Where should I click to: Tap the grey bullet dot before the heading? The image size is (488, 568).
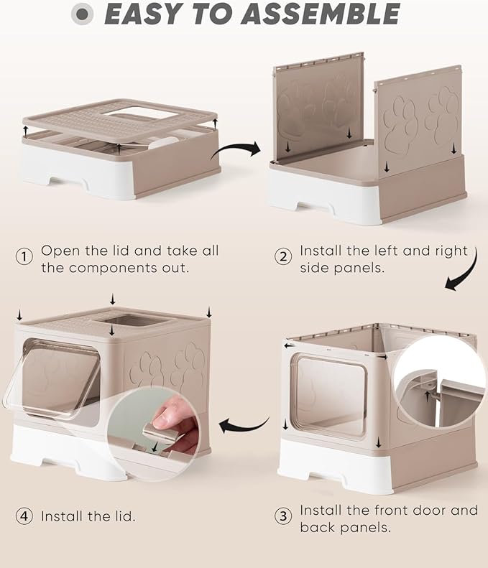click(x=83, y=14)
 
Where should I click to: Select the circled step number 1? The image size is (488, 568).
click(x=24, y=256)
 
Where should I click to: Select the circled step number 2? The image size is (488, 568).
click(x=283, y=256)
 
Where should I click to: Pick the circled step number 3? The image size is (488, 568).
click(x=283, y=516)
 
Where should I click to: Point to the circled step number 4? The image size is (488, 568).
click(x=24, y=516)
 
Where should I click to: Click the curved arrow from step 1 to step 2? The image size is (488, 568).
click(x=235, y=149)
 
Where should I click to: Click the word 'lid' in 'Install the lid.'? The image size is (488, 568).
click(x=121, y=516)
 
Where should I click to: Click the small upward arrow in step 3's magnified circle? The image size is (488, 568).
click(x=428, y=396)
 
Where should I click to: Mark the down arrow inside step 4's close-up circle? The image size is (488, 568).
click(x=155, y=447)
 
